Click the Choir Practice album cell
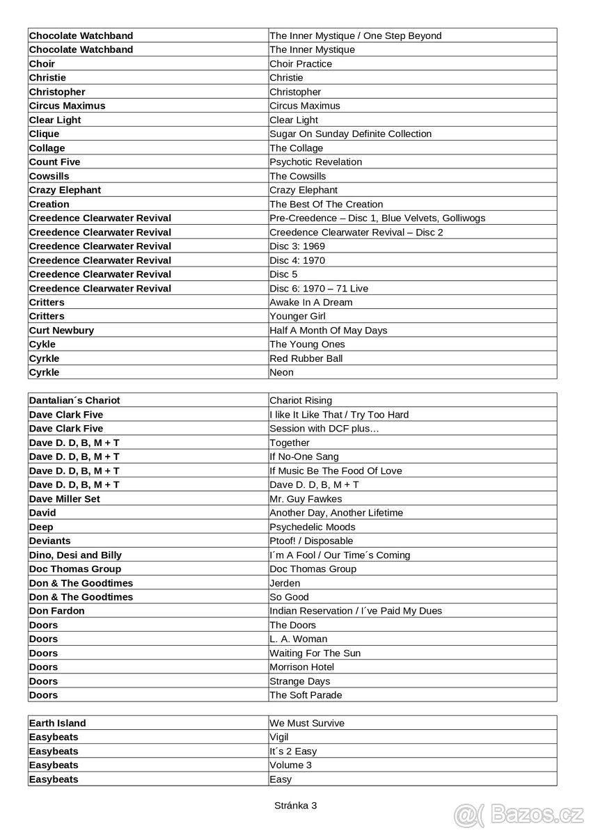pyautogui.click(x=301, y=63)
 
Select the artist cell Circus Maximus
pyautogui.click(x=68, y=106)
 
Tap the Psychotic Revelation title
pyautogui.click(x=315, y=162)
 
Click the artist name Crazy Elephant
pyautogui.click(x=65, y=190)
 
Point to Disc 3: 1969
pyautogui.click(x=297, y=246)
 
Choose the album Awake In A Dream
pyautogui.click(x=310, y=302)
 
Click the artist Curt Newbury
pyautogui.click(x=61, y=331)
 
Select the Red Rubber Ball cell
pyautogui.click(x=306, y=358)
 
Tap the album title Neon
pyautogui.click(x=282, y=372)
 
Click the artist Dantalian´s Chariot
pyautogui.click(x=74, y=400)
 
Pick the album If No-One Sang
pyautogui.click(x=304, y=456)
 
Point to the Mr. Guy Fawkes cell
pyautogui.click(x=306, y=499)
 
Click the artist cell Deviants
pyautogui.click(x=50, y=541)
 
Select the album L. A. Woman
pyautogui.click(x=298, y=639)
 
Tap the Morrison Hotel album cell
pyautogui.click(x=302, y=667)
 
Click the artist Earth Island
pyautogui.click(x=58, y=723)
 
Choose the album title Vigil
pyautogui.click(x=279, y=737)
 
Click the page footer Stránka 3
pyautogui.click(x=295, y=805)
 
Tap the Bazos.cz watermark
pyautogui.click(x=519, y=813)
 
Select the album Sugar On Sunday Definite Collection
pyautogui.click(x=350, y=134)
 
